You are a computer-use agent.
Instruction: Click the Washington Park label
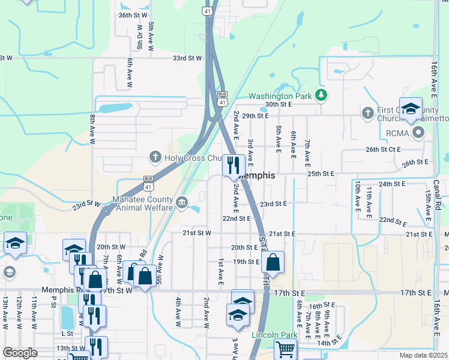[x=280, y=95]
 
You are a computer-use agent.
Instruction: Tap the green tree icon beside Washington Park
[x=322, y=95]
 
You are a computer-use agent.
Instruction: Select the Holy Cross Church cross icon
[x=155, y=158]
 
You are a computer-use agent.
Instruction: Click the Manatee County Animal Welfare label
[x=143, y=204]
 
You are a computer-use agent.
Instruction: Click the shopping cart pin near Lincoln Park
[x=285, y=349]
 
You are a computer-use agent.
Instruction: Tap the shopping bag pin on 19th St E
[x=273, y=262]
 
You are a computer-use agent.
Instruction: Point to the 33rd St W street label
[x=188, y=58]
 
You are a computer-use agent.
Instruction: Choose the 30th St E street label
[x=279, y=104]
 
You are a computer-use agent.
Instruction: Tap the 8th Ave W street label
[x=93, y=130]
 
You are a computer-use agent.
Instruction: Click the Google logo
[x=19, y=353]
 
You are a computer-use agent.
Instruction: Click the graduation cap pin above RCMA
[x=411, y=109]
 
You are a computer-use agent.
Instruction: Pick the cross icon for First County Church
[x=369, y=112]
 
